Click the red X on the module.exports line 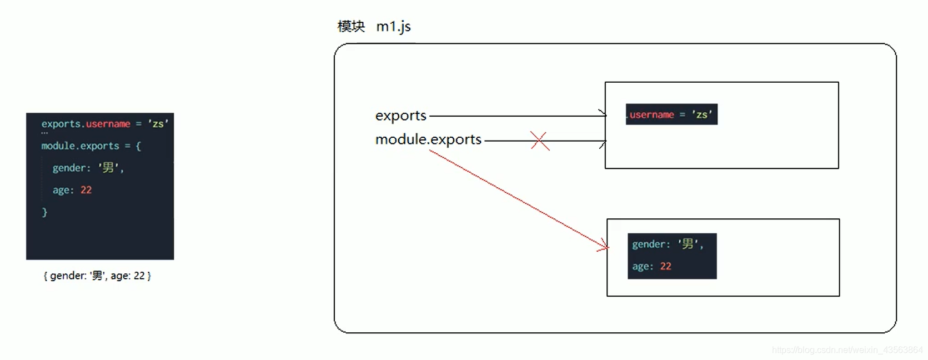tap(539, 141)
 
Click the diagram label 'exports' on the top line tap(400, 116)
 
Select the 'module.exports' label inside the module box tap(428, 139)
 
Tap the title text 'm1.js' tap(393, 27)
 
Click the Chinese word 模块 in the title tap(351, 27)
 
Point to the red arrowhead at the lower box tap(604, 246)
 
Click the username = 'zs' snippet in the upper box tap(671, 114)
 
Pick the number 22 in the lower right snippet tap(665, 267)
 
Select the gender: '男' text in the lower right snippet tap(668, 244)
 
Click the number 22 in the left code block tap(86, 190)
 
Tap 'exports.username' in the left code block tap(86, 124)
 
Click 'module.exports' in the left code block tap(80, 146)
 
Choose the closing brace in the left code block tap(44, 212)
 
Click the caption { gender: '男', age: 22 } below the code tap(97, 276)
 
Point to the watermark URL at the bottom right tap(847, 350)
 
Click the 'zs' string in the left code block tap(158, 124)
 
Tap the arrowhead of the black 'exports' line tap(603, 116)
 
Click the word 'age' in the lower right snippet tap(641, 267)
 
